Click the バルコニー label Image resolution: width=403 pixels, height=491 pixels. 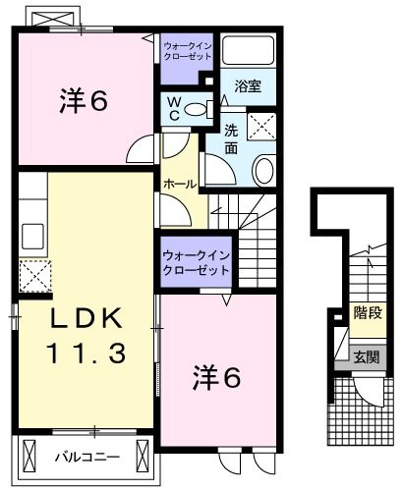[86, 456]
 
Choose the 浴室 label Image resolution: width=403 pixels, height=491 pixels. [247, 86]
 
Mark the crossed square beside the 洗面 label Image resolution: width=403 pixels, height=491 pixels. [261, 125]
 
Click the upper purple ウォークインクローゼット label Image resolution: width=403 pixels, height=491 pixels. [188, 49]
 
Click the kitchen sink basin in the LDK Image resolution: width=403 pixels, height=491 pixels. [30, 237]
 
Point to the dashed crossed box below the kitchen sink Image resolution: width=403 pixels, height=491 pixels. [32, 275]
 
